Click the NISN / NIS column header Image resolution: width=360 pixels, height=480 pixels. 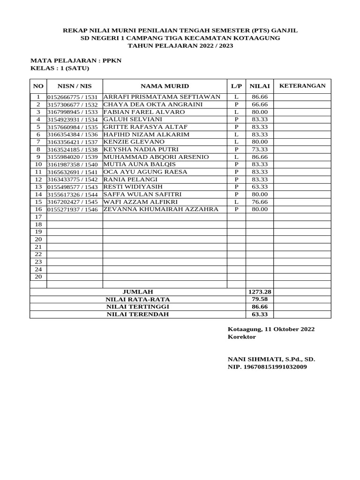coord(75,86)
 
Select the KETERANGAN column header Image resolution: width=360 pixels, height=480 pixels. coord(302,86)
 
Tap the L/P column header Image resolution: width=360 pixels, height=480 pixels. coord(236,86)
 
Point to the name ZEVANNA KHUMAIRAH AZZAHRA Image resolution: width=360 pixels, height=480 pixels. coord(161,209)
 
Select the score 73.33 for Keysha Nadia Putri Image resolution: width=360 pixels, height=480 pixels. coord(260,149)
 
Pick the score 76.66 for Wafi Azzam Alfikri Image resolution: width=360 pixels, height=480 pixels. coord(260,202)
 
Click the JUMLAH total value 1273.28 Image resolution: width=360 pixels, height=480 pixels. coord(260,292)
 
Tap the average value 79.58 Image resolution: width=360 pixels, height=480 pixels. coord(260,299)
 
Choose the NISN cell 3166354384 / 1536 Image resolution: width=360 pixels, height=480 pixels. coord(73,135)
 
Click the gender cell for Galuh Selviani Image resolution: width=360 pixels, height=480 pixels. coord(236,120)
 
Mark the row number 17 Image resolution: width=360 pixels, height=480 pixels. coord(38,217)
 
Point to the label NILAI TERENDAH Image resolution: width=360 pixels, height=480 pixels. coord(137,314)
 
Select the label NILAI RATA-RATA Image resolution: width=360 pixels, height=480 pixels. coord(137,299)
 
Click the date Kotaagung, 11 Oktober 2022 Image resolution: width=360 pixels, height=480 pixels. coord(271,329)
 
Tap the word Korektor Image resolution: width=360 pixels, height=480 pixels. coord(242,337)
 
